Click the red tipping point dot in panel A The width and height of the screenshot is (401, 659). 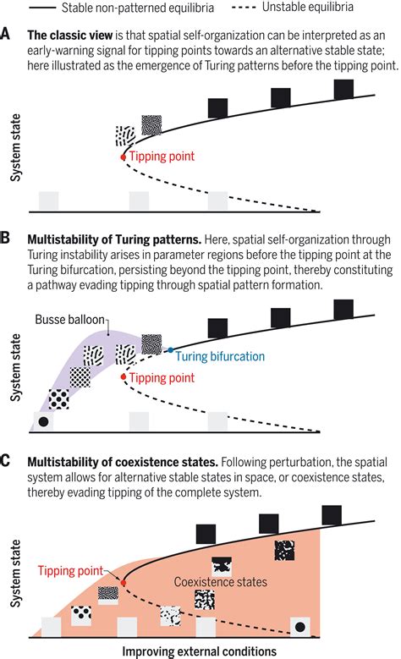click(124, 157)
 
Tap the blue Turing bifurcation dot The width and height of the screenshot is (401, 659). click(170, 349)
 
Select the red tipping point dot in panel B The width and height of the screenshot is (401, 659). click(124, 377)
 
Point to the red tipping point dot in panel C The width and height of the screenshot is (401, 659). click(124, 583)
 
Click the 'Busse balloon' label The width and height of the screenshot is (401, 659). click(69, 320)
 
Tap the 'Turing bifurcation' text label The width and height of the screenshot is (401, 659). click(220, 356)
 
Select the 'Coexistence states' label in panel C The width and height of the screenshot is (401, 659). click(221, 582)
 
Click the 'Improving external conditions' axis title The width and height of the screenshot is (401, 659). click(200, 651)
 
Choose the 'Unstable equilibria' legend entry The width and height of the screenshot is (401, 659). click(292, 7)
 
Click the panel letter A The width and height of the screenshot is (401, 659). click(5, 34)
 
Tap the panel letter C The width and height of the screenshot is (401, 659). click(5, 461)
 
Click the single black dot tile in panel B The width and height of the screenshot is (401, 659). click(43, 421)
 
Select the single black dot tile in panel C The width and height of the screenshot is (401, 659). click(299, 627)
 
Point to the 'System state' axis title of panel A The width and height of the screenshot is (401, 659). click(15, 147)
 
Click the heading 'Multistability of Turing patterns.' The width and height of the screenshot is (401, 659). click(114, 239)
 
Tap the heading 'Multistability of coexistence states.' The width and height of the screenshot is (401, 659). click(123, 462)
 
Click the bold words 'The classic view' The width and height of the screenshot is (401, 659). click(69, 35)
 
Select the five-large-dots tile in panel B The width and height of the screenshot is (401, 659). click(59, 399)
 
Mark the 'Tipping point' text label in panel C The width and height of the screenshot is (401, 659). click(70, 570)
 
